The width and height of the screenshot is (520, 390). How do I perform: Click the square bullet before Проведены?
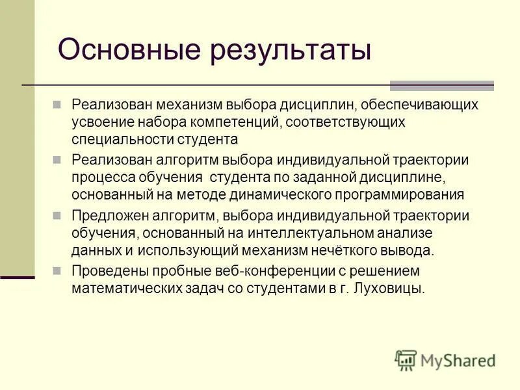pyautogui.click(x=57, y=270)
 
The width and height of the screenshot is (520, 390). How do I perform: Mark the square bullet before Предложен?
pyautogui.click(x=57, y=215)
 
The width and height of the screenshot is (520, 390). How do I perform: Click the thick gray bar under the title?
pyautogui.click(x=441, y=85)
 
